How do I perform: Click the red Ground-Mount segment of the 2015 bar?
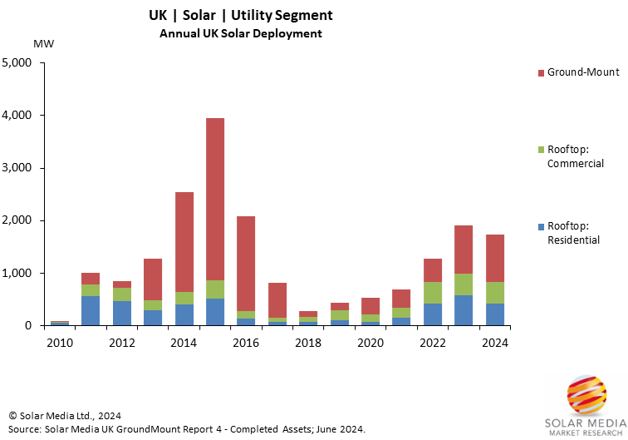tap(215, 200)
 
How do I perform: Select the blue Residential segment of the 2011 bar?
tap(91, 310)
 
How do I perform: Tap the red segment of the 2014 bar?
tap(184, 242)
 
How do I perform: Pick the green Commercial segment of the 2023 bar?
tap(464, 284)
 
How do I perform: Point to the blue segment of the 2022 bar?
tap(433, 314)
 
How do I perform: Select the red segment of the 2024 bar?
tap(494, 258)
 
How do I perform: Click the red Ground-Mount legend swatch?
tap(541, 72)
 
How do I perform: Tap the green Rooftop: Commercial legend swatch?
tap(541, 150)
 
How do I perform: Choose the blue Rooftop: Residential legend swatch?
tap(541, 226)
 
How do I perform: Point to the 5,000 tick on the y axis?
tap(17, 62)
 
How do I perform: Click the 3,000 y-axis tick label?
tap(17, 168)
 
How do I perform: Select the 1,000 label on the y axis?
tap(17, 273)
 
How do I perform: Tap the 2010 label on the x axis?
tap(60, 342)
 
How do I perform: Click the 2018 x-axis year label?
tap(308, 342)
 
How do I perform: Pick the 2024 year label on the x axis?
tap(494, 342)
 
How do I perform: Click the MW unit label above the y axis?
tap(42, 43)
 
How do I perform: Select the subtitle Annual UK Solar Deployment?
tap(241, 33)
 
